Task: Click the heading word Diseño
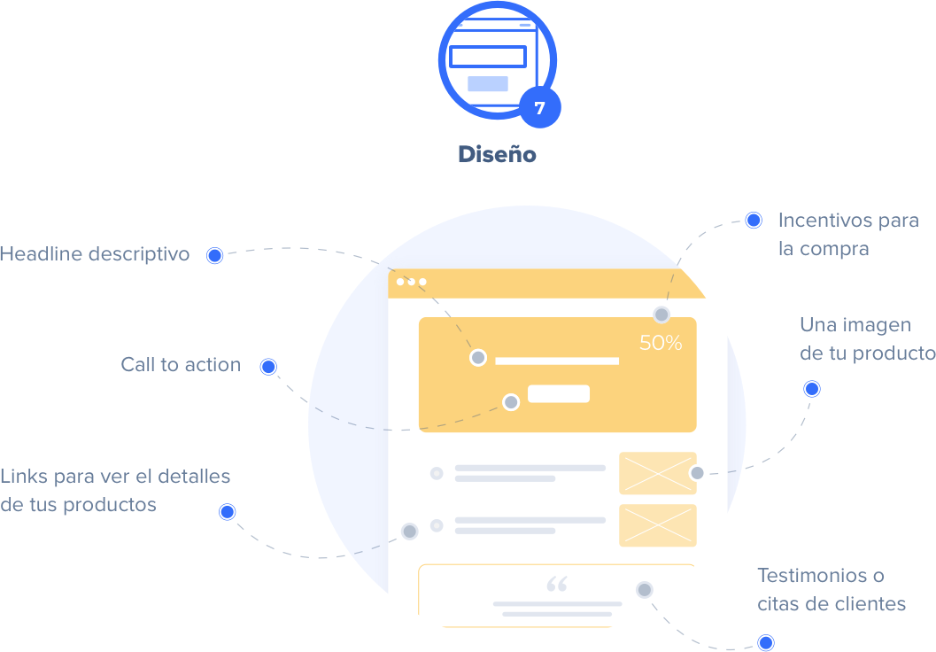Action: (x=497, y=154)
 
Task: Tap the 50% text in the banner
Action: (x=661, y=343)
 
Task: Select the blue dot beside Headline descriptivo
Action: (x=214, y=256)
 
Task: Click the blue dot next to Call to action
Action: (x=268, y=367)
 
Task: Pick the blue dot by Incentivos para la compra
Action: (x=754, y=221)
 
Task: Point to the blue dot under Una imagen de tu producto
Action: (x=811, y=389)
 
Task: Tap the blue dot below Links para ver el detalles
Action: (x=228, y=512)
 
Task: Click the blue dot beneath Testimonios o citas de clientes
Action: (x=766, y=642)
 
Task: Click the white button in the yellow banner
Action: (x=559, y=394)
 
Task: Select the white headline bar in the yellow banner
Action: (x=557, y=361)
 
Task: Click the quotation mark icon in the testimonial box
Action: (x=557, y=585)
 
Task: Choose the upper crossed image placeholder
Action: (x=657, y=473)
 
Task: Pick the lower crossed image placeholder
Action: (x=657, y=525)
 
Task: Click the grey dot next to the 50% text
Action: (x=661, y=314)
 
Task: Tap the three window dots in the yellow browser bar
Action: (x=412, y=282)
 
